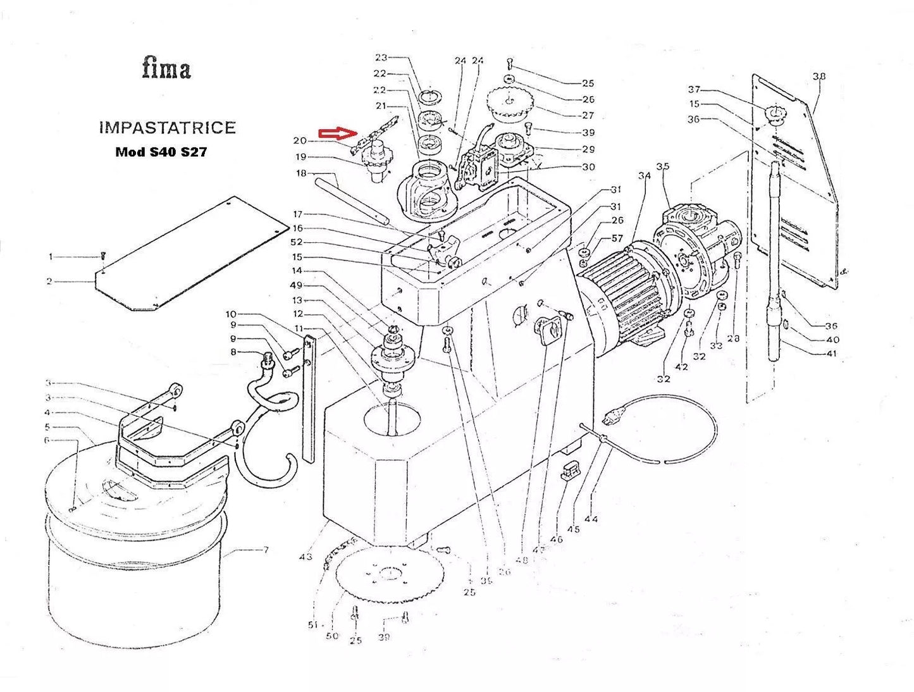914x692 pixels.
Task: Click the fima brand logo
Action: point(166,68)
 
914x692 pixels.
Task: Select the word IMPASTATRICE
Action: point(167,127)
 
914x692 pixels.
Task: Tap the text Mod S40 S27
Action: point(161,152)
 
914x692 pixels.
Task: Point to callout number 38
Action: point(818,77)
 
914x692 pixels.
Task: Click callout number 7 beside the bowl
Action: point(266,550)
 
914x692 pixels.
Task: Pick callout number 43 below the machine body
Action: point(306,557)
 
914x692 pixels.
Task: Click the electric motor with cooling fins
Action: point(617,291)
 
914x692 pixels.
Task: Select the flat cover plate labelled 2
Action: point(190,253)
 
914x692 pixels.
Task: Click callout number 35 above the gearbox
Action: point(662,167)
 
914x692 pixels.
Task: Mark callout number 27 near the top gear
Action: point(588,116)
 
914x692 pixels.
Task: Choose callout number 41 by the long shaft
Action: point(831,354)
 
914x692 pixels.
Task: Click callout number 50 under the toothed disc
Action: point(332,636)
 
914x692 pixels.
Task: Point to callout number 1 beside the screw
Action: point(51,257)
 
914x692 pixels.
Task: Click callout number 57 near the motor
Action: point(617,238)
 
